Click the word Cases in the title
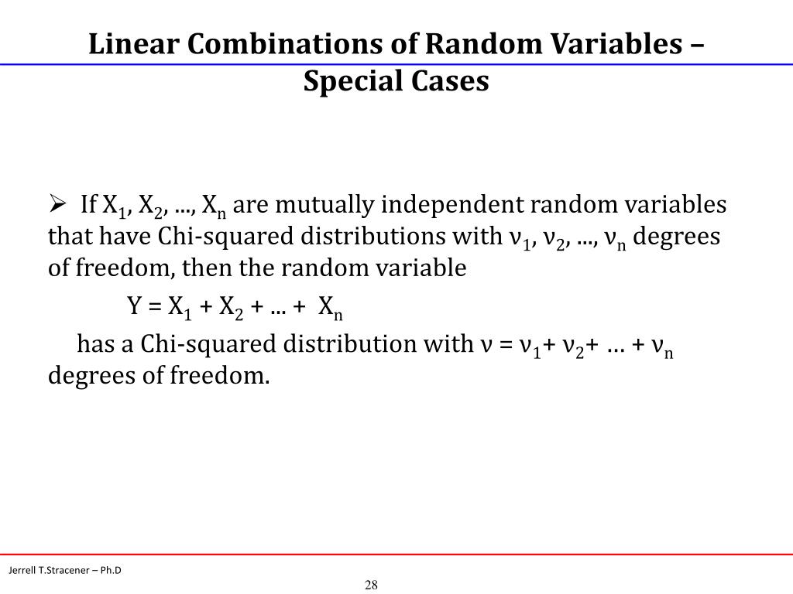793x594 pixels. click(452, 80)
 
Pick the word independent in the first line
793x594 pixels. click(428, 205)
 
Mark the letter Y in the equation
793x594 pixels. click(134, 307)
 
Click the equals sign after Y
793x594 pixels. click(154, 307)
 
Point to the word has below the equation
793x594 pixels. click(94, 344)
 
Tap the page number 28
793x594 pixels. click(371, 585)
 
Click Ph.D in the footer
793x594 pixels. click(111, 571)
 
